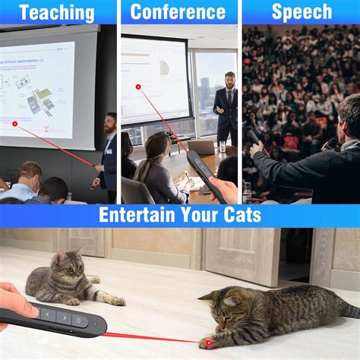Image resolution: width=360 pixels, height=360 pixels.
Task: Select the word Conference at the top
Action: click(x=178, y=12)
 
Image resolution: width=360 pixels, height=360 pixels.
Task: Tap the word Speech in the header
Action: click(x=302, y=12)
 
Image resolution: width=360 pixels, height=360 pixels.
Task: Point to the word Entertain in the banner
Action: click(x=137, y=215)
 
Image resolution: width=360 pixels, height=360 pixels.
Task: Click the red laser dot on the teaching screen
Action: click(x=14, y=123)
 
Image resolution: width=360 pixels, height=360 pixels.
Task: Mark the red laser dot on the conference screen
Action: click(x=138, y=87)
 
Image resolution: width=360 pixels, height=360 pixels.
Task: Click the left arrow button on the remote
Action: click(x=48, y=314)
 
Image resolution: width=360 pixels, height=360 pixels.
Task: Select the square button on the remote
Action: click(x=79, y=319)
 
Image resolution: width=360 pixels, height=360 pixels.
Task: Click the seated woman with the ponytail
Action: click(x=156, y=167)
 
